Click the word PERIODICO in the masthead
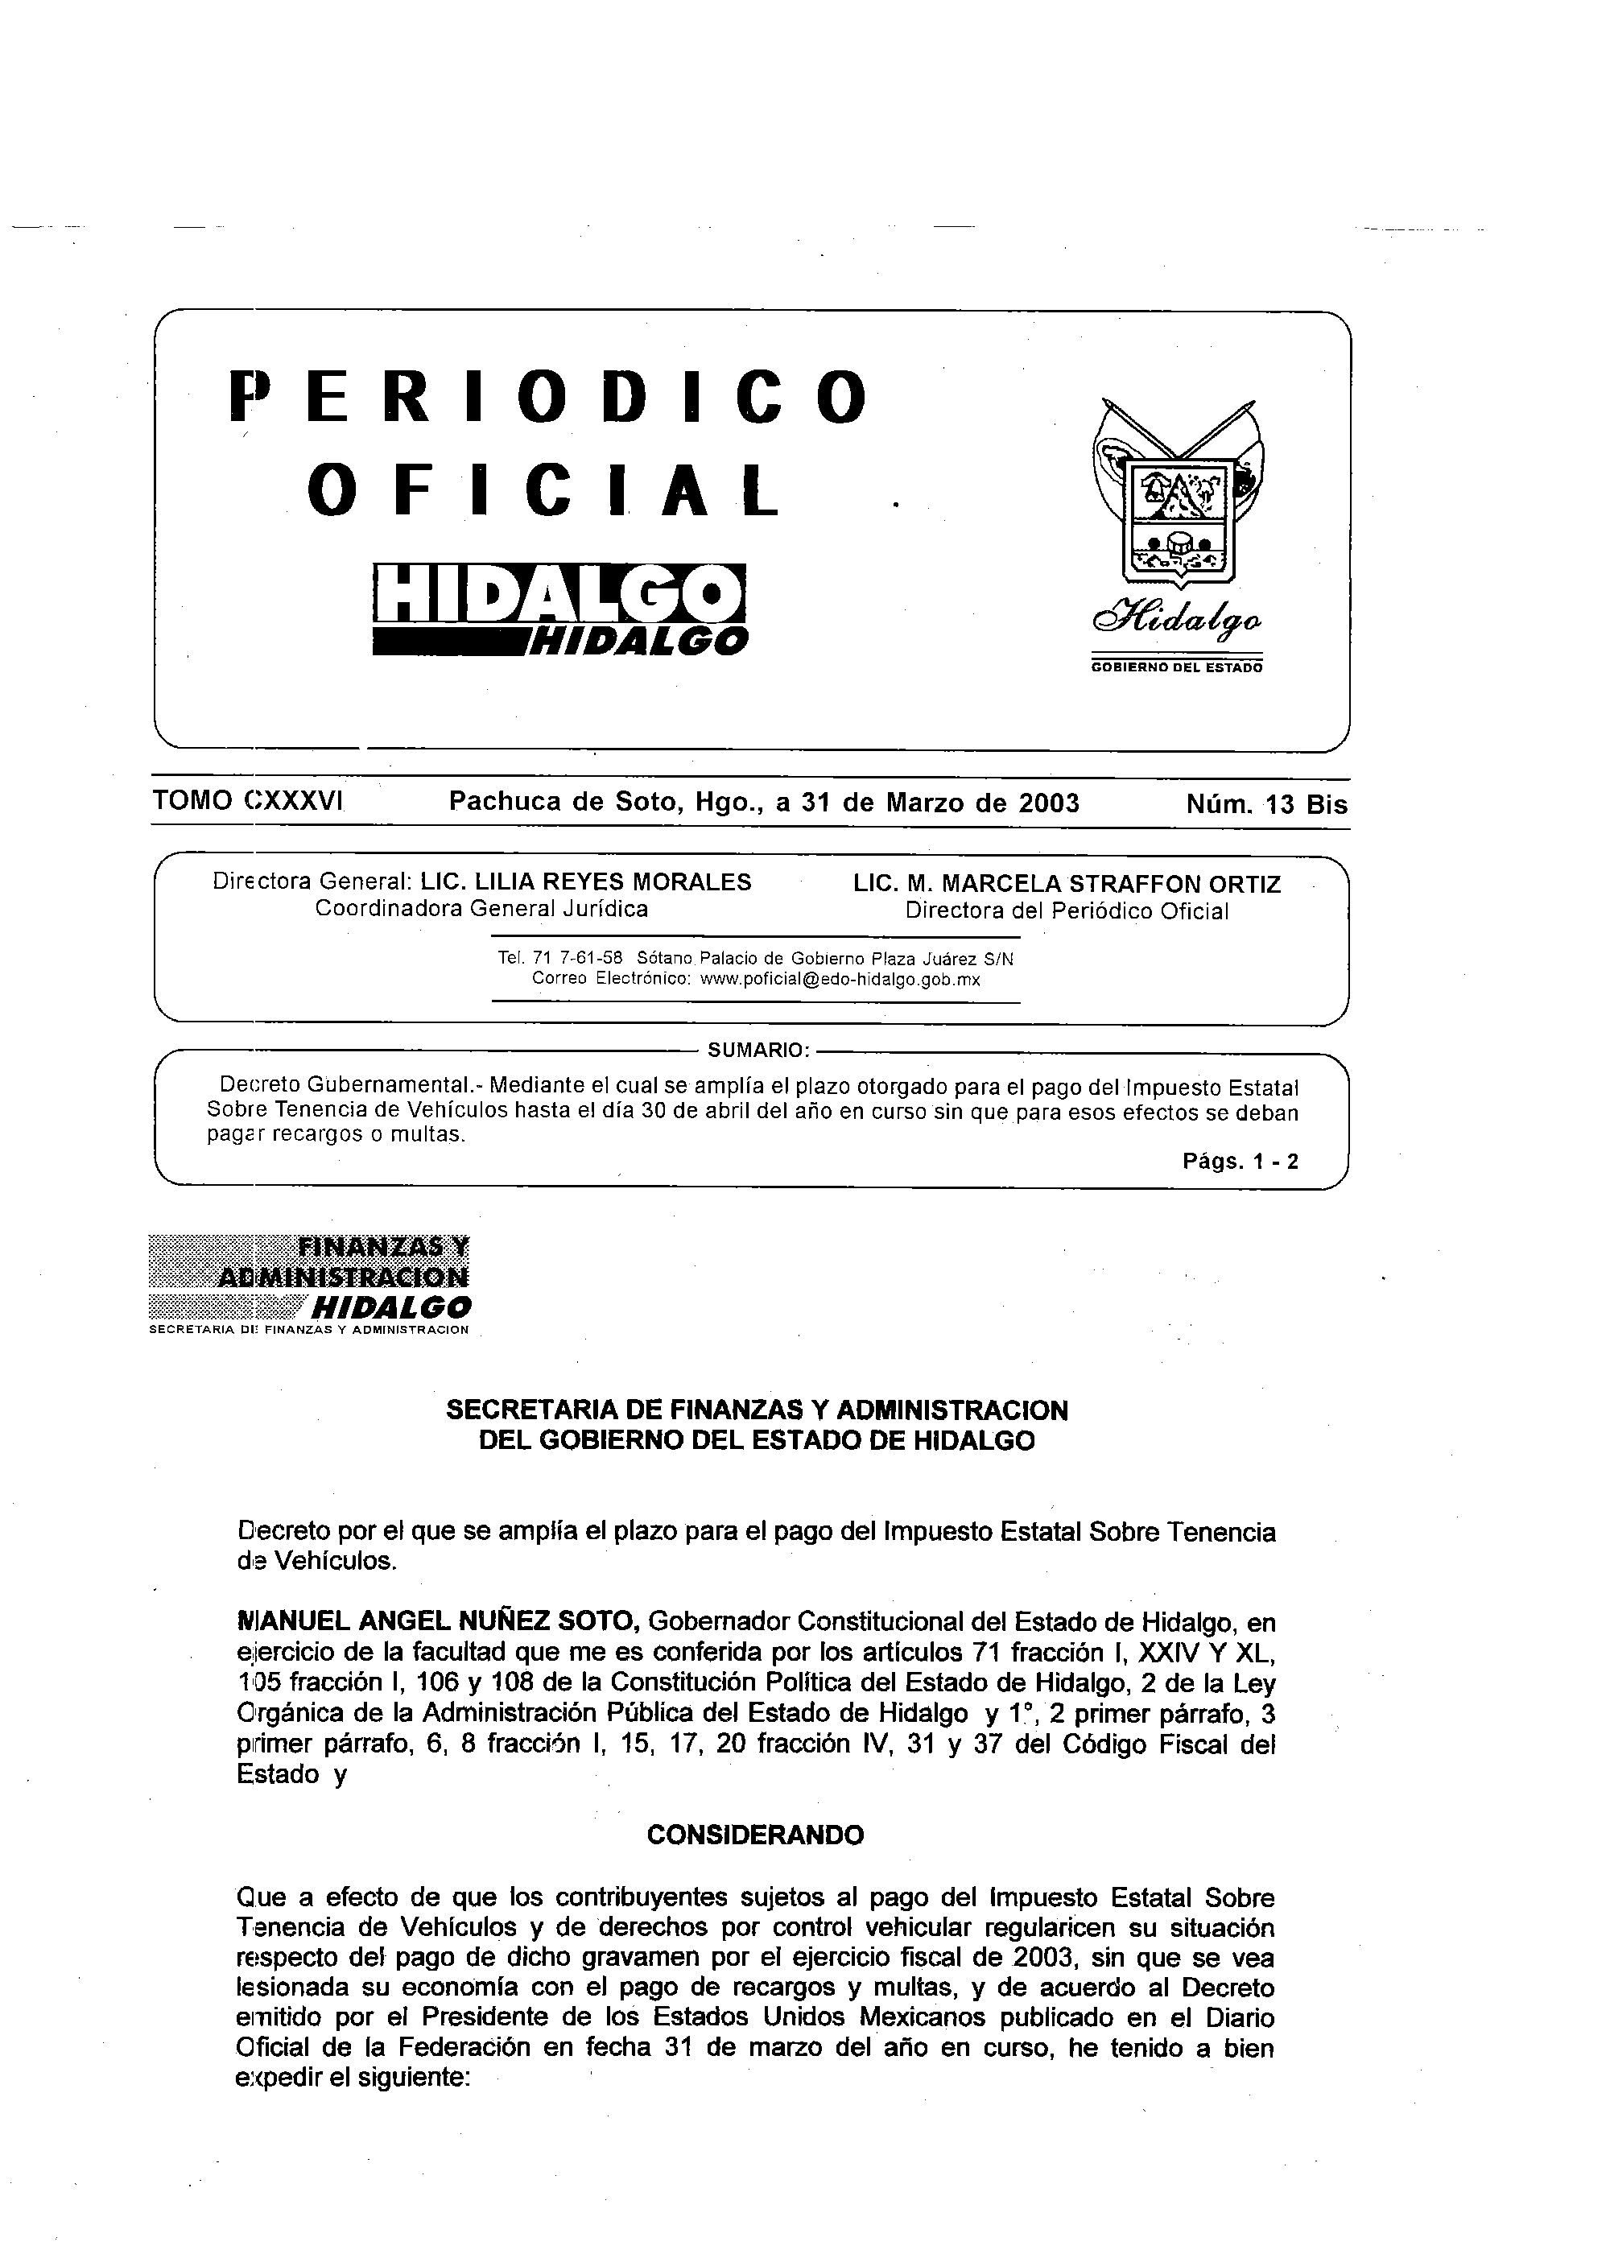(548, 397)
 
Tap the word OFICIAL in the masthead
(543, 490)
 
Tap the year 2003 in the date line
(1049, 802)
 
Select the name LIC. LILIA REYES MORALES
(586, 881)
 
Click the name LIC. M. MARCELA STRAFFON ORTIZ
(1067, 883)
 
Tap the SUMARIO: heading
(755, 1049)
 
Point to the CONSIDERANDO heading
(754, 1835)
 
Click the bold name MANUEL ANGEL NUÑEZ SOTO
(436, 1621)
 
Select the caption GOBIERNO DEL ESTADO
(1176, 667)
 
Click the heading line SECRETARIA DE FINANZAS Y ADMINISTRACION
(757, 1409)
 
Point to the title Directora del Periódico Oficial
(1067, 911)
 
